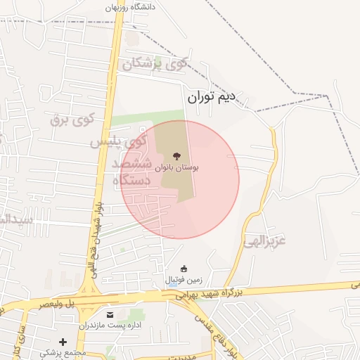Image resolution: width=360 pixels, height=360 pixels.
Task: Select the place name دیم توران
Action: pyautogui.click(x=214, y=98)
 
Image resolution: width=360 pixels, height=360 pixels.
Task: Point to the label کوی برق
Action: pyautogui.click(x=72, y=119)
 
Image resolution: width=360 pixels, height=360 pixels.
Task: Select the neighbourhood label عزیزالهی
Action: pyautogui.click(x=265, y=242)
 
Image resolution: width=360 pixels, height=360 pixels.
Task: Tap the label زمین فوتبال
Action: pyautogui.click(x=183, y=280)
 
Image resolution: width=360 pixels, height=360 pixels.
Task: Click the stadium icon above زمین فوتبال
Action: pyautogui.click(x=184, y=269)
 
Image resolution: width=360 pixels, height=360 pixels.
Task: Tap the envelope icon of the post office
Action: pyautogui.click(x=109, y=314)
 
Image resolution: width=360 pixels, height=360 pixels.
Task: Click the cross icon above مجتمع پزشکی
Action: pyautogui.click(x=63, y=342)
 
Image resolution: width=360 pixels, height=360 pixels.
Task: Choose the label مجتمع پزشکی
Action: pyautogui.click(x=63, y=352)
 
